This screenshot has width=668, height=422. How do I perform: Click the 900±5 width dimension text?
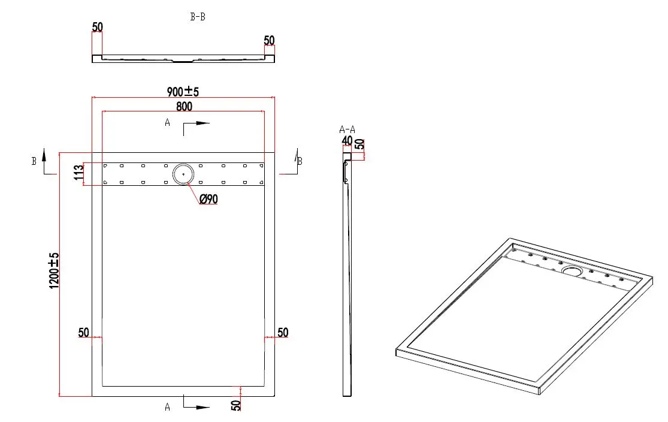pyautogui.click(x=183, y=91)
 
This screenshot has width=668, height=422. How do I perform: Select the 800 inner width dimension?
pyautogui.click(x=184, y=106)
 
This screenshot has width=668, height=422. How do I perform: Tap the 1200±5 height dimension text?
pyautogui.click(x=54, y=270)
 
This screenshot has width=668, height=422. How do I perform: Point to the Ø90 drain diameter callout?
pyautogui.click(x=208, y=198)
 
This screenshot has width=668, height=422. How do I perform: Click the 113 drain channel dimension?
pyautogui.click(x=78, y=173)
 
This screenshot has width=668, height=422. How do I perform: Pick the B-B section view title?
pyautogui.click(x=198, y=17)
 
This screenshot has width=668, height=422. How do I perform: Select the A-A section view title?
pyautogui.click(x=347, y=129)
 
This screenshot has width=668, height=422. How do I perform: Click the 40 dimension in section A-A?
pyautogui.click(x=347, y=140)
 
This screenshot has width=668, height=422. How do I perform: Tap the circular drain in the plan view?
pyautogui.click(x=183, y=174)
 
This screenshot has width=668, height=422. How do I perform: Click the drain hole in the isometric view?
pyautogui.click(x=572, y=270)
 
